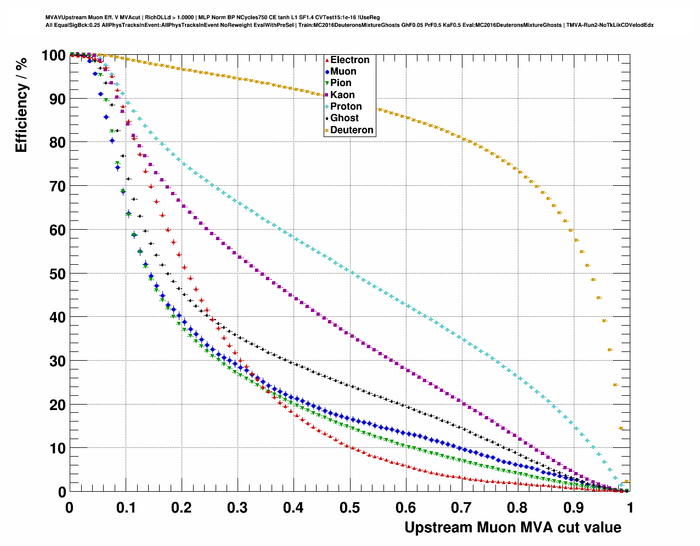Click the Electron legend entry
349,60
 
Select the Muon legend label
343,71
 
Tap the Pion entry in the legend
341,83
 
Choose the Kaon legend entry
342,95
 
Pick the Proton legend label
346,106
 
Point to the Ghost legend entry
344,118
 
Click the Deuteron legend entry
352,130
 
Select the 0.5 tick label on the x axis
349,508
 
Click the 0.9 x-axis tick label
574,508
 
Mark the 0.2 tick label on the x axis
182,508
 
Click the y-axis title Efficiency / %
21,105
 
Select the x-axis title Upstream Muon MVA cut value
513,527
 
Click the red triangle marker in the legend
327,60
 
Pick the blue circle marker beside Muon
327,72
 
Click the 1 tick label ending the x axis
630,508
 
